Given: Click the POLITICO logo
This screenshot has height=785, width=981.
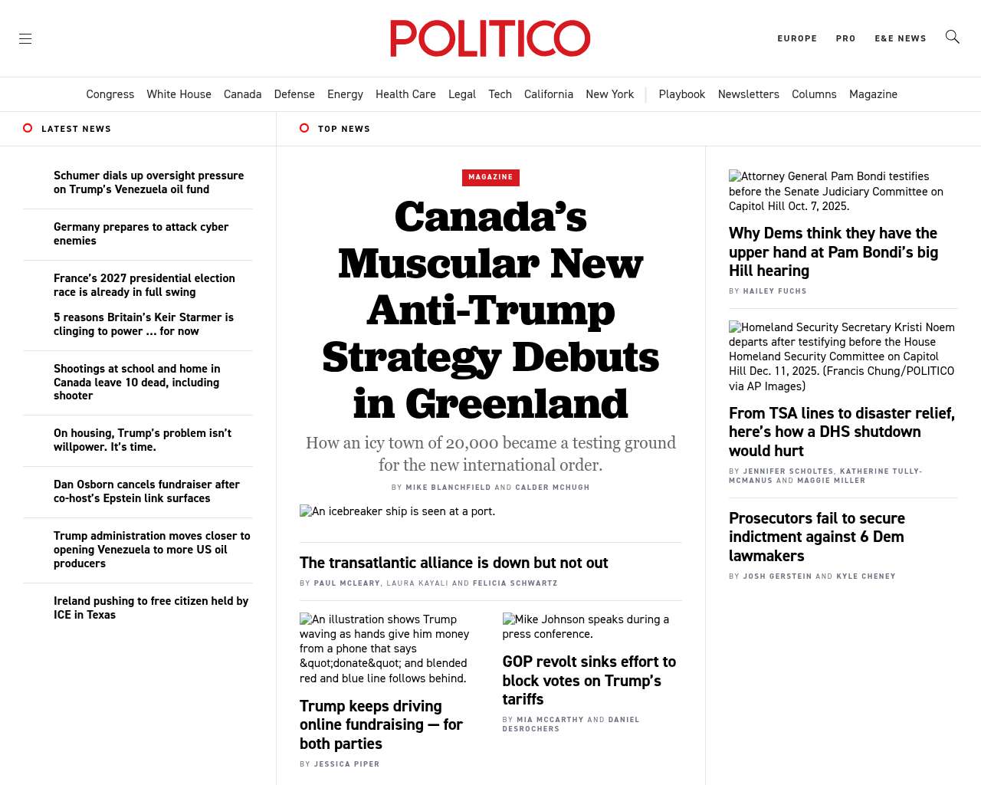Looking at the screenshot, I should coord(490,38).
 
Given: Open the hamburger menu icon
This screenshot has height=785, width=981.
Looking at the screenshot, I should coord(25,38).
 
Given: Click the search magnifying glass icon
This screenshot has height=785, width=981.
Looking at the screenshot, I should coord(952,37).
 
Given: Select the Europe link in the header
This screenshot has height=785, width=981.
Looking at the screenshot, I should coord(797,38).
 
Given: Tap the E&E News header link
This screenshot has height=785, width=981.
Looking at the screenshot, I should coord(901,38).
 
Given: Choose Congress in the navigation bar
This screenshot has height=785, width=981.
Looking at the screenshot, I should coord(110,94).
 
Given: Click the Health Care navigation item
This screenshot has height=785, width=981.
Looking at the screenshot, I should coord(405,94).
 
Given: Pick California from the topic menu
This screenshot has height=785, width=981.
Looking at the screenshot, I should coord(549,94).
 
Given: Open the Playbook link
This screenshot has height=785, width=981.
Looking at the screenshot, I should coord(681,94).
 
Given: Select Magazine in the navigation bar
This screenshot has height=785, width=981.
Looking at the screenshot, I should coord(873,94).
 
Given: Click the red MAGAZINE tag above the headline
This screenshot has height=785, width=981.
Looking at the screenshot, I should coord(490,177).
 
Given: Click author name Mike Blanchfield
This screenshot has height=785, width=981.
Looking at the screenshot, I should coord(448,488).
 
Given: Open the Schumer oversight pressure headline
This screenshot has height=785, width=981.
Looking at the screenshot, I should coord(149,182).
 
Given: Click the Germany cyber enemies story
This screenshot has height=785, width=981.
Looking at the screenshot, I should coord(141,234).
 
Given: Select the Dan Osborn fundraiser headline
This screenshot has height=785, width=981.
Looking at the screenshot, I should coord(146,491).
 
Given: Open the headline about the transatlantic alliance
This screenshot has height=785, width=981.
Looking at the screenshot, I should coord(454,563).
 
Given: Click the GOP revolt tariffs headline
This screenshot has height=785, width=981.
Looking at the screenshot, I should coord(589,680).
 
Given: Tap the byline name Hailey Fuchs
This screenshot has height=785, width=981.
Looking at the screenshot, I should coord(775,291).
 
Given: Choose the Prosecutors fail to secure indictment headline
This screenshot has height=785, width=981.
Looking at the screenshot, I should coord(817,537).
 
